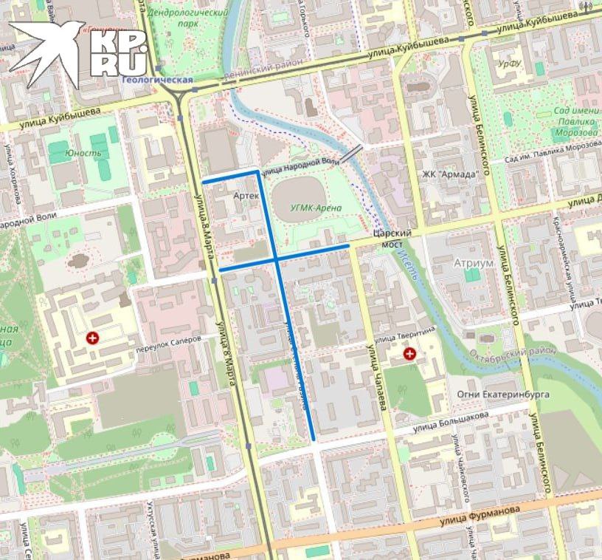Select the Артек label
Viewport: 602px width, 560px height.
coord(246,196)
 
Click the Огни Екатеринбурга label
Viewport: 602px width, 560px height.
coord(503,395)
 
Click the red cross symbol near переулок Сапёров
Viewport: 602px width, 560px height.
coord(93,338)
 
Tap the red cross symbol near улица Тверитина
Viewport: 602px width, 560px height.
coord(409,355)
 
